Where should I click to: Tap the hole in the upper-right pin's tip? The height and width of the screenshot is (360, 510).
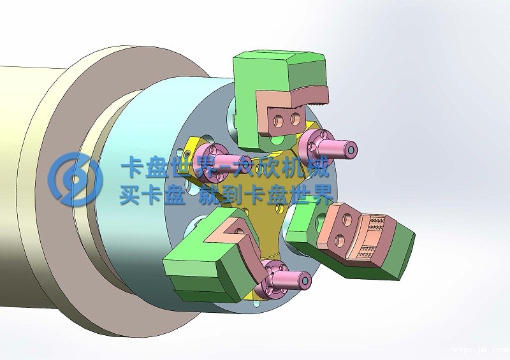point(352,150)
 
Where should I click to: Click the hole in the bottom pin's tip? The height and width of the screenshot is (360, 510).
point(307,280)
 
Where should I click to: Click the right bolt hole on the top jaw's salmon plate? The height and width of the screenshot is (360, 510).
point(295,118)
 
